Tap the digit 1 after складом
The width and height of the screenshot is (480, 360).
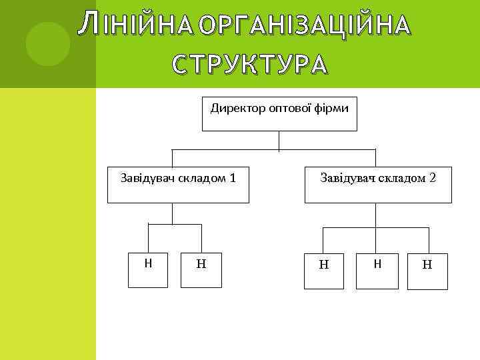click(x=232, y=178)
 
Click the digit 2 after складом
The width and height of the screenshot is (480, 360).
click(x=433, y=178)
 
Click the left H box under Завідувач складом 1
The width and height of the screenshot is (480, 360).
click(x=148, y=270)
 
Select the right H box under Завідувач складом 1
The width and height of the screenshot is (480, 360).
click(x=201, y=270)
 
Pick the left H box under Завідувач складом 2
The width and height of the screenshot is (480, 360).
click(x=324, y=271)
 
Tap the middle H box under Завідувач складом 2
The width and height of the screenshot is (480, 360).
click(x=377, y=271)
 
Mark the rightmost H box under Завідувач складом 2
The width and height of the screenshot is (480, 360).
click(x=427, y=271)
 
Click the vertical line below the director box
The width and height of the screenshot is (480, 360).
click(x=279, y=141)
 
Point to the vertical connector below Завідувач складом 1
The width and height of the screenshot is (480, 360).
click(x=173, y=213)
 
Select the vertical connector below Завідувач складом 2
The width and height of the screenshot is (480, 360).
click(x=377, y=215)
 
